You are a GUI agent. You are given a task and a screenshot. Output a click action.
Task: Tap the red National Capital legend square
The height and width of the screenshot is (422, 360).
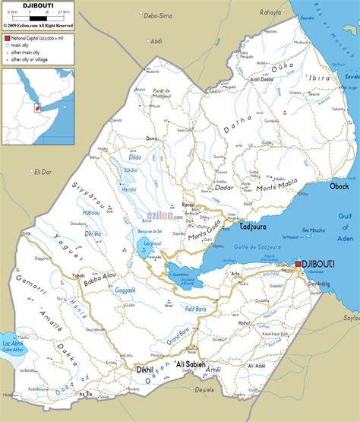point(6,36)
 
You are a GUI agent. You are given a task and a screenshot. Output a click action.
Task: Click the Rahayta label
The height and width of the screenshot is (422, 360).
point(270,12)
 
